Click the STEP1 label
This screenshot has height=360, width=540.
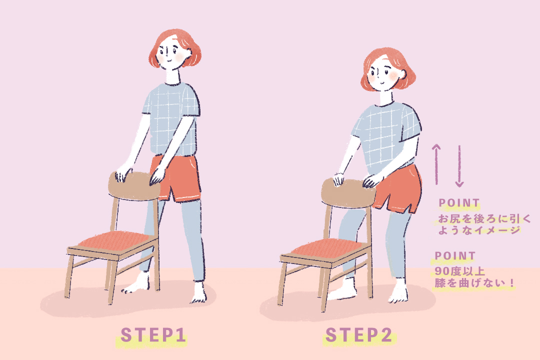click(x=153, y=335)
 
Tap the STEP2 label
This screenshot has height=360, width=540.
click(x=359, y=335)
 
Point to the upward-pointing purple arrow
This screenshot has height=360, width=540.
click(x=436, y=164)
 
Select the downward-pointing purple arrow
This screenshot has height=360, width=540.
click(x=459, y=166)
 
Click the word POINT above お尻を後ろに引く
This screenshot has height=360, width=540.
click(x=459, y=203)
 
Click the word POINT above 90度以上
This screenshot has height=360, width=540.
click(x=455, y=256)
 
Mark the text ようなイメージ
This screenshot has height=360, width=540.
click(x=479, y=230)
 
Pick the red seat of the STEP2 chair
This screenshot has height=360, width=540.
click(x=327, y=248)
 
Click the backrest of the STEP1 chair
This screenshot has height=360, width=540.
click(x=134, y=185)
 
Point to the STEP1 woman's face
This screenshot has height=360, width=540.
click(x=170, y=54)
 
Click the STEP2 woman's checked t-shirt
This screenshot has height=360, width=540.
click(x=385, y=138)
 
